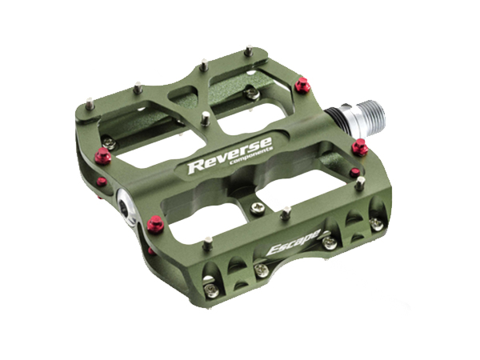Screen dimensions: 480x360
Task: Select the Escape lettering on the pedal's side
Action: pyautogui.click(x=294, y=242)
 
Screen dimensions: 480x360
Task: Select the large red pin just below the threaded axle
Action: pyautogui.click(x=360, y=147)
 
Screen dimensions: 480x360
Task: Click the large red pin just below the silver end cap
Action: pyautogui.click(x=155, y=224)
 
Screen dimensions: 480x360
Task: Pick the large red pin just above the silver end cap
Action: pyautogui.click(x=103, y=156)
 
